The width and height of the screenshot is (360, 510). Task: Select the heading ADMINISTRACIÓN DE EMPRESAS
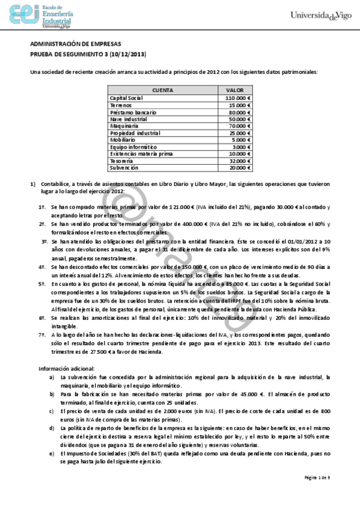pos(75,45)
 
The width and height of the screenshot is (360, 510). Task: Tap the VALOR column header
pos(235,90)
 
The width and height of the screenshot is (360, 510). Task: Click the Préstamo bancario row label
pos(133,112)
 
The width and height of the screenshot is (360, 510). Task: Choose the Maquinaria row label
pos(125,127)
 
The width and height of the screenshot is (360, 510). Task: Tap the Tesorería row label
pos(123,161)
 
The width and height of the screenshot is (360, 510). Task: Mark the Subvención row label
pos(124,168)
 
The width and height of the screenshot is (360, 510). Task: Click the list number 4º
pos(43,266)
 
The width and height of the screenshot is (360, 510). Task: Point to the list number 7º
pos(43,334)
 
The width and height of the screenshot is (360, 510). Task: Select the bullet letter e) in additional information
pos(52,452)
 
